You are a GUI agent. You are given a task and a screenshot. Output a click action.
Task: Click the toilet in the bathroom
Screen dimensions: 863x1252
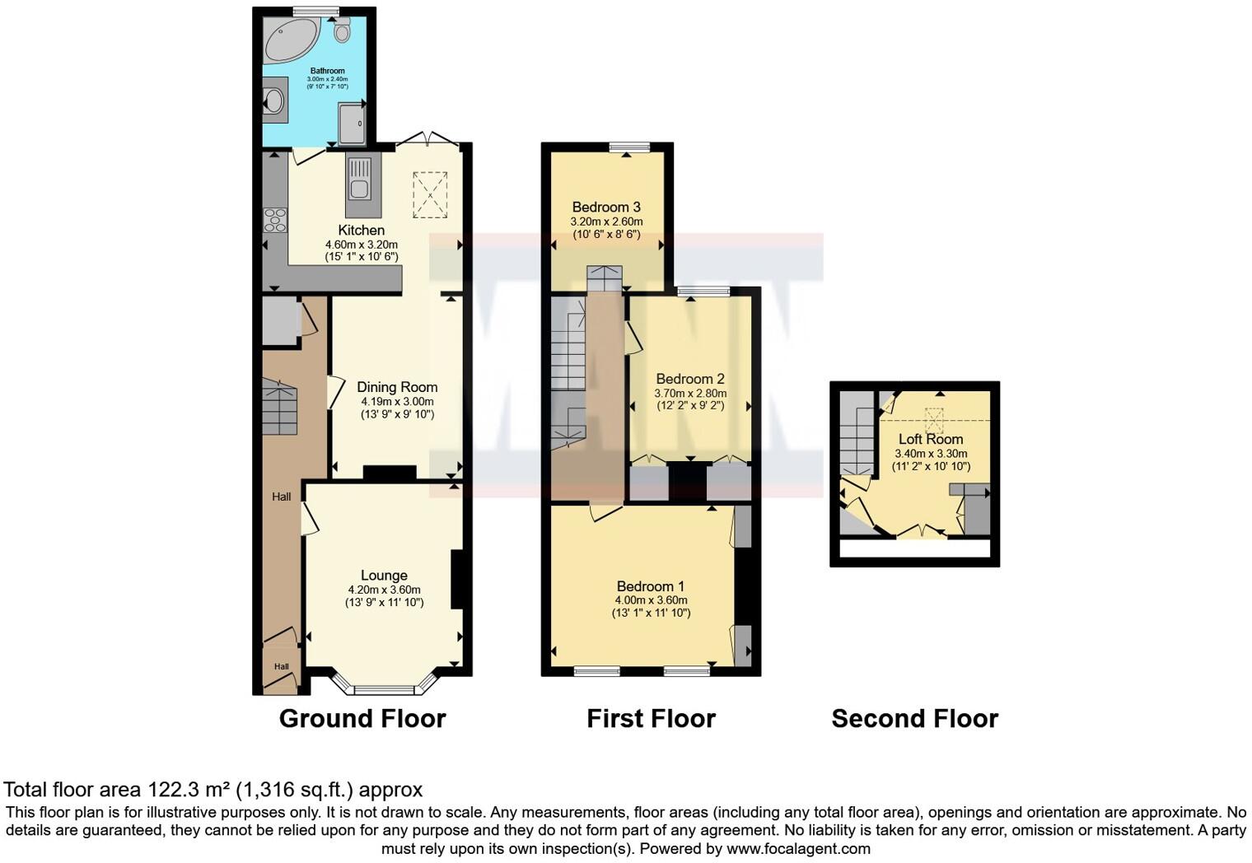[343, 31]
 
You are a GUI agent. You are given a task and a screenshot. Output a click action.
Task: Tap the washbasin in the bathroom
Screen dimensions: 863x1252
[273, 101]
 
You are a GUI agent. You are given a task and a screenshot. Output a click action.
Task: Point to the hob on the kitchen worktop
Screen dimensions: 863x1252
[275, 220]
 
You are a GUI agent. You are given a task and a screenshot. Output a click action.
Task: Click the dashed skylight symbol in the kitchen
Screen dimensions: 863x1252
[429, 195]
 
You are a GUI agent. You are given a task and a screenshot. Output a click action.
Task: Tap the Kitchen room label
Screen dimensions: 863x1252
[361, 231]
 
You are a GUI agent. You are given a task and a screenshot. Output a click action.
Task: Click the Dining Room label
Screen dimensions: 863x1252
[397, 387]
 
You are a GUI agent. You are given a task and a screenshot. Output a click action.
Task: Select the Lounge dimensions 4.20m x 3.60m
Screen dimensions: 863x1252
[384, 590]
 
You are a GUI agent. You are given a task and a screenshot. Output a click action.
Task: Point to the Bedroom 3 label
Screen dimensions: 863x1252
[606, 208]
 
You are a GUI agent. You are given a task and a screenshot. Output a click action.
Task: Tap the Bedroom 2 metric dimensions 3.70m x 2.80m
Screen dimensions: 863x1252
[690, 394]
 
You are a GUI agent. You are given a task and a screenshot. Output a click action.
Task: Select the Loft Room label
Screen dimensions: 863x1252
[931, 439]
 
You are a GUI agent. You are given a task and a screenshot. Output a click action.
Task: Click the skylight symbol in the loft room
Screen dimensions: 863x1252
[934, 420]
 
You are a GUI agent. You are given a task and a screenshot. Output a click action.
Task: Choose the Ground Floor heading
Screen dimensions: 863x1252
[362, 719]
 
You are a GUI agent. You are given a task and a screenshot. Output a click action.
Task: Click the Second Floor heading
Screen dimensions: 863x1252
[914, 719]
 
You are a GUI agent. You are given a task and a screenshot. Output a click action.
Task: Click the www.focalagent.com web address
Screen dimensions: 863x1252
[797, 848]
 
